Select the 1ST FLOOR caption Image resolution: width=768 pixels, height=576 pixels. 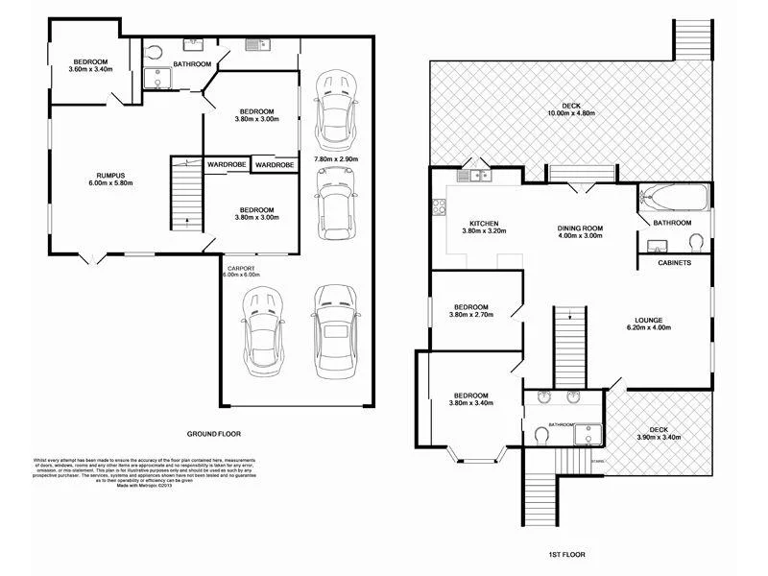point(567,555)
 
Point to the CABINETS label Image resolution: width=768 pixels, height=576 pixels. point(675,263)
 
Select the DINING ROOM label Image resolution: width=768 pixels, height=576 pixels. point(580,228)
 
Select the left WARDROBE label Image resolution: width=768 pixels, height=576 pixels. point(226,165)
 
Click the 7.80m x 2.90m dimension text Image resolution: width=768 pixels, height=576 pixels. point(336,158)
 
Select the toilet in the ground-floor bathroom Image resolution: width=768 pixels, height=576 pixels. point(156,52)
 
